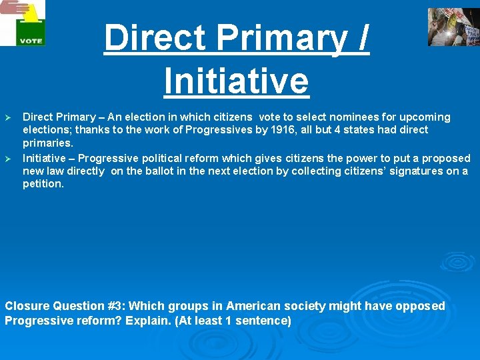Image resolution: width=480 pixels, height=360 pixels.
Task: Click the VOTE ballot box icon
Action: tap(25, 24)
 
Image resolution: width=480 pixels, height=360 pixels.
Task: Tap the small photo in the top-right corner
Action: tap(453, 27)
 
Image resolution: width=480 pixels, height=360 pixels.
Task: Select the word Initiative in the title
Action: tap(236, 81)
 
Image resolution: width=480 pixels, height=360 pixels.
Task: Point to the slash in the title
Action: tap(362, 38)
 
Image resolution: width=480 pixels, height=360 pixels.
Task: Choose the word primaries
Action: tap(47, 143)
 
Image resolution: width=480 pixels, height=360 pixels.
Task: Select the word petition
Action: tap(43, 184)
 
